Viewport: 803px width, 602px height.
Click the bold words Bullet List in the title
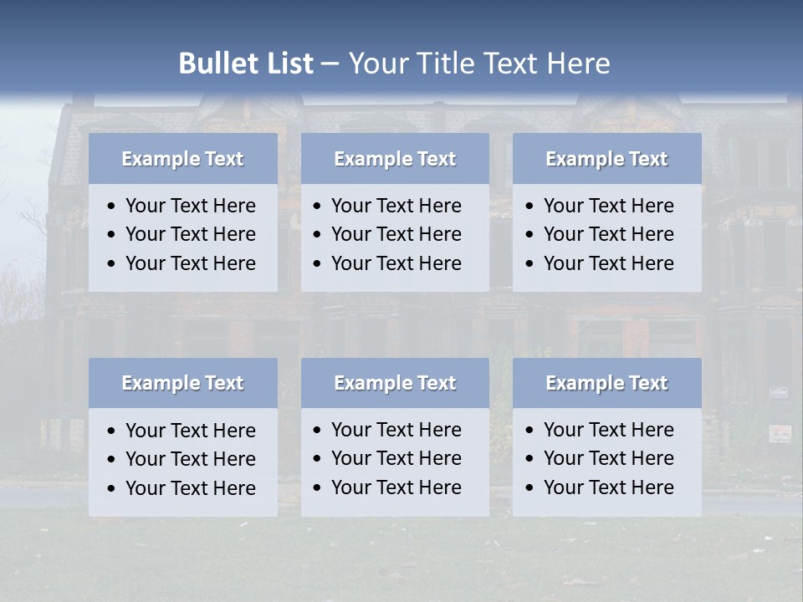click(x=246, y=64)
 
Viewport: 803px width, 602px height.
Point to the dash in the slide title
click(x=330, y=64)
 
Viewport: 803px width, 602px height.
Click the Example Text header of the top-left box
click(x=182, y=159)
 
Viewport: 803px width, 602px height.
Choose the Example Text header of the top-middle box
click(x=395, y=159)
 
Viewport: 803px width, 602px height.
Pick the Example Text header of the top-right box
click(x=606, y=159)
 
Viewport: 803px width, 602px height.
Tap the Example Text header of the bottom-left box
click(x=182, y=383)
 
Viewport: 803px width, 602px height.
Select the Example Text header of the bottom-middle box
click(x=395, y=383)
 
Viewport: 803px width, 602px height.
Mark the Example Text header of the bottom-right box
click(x=606, y=383)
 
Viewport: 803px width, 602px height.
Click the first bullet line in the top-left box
click(x=190, y=206)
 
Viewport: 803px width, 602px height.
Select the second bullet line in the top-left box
click(x=190, y=234)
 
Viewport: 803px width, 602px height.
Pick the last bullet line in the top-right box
click(x=608, y=263)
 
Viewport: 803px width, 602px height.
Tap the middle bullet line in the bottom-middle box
click(x=396, y=458)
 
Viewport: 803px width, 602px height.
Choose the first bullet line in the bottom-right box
click(x=608, y=430)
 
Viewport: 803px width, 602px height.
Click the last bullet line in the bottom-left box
click(x=190, y=488)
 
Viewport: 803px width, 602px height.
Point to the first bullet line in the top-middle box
click(x=396, y=206)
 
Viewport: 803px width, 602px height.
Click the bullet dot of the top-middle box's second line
click(x=318, y=235)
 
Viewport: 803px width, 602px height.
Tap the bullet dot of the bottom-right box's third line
click(x=530, y=488)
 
